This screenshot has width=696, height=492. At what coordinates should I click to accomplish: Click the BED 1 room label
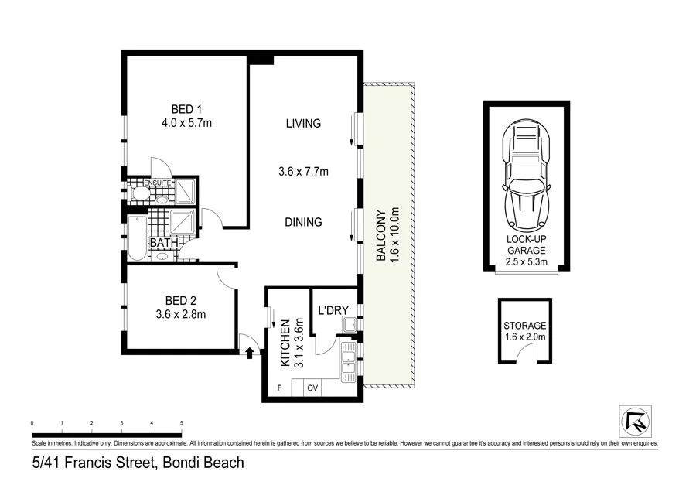click(183, 108)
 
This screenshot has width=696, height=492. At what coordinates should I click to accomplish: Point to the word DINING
click(302, 222)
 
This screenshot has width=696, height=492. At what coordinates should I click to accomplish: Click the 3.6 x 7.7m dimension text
click(302, 172)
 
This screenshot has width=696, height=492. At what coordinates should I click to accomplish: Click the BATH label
click(163, 243)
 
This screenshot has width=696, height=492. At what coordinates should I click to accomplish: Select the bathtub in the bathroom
click(137, 236)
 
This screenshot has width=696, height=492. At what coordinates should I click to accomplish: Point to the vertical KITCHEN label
click(285, 342)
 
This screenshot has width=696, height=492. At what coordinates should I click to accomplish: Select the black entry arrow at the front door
click(249, 354)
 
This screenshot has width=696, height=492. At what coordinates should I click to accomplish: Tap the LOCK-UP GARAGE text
click(527, 245)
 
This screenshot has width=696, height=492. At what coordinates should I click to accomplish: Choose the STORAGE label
click(525, 326)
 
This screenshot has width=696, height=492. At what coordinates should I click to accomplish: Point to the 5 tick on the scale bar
click(181, 423)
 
